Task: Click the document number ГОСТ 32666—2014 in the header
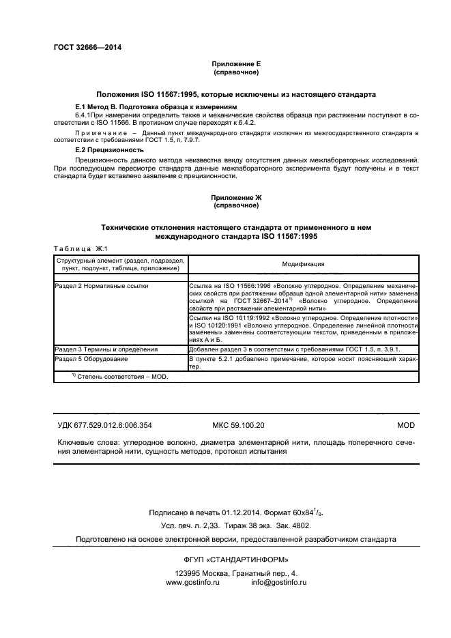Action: coord(87,48)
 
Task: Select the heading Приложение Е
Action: coord(235,63)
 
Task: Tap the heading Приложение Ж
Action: coord(235,197)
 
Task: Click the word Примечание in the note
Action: coord(100,130)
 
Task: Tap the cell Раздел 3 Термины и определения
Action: coord(106,349)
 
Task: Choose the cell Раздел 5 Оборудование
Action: coord(91,358)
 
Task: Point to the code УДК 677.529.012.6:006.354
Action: coord(104,425)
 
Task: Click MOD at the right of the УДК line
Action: coord(405,425)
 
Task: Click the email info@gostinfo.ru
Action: coord(278,583)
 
